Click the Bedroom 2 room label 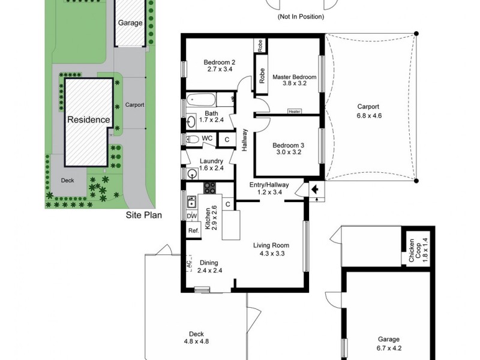click(x=218, y=65)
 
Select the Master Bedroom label click(x=294, y=80)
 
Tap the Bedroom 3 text click(x=286, y=148)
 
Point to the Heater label click(x=294, y=111)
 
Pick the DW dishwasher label click(x=192, y=217)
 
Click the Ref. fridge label click(x=193, y=230)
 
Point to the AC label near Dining click(x=188, y=263)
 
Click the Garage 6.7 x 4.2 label click(x=388, y=343)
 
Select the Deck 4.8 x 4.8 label click(x=196, y=337)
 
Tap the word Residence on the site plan click(x=88, y=119)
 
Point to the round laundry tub click(x=193, y=174)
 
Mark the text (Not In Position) click(x=301, y=17)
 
